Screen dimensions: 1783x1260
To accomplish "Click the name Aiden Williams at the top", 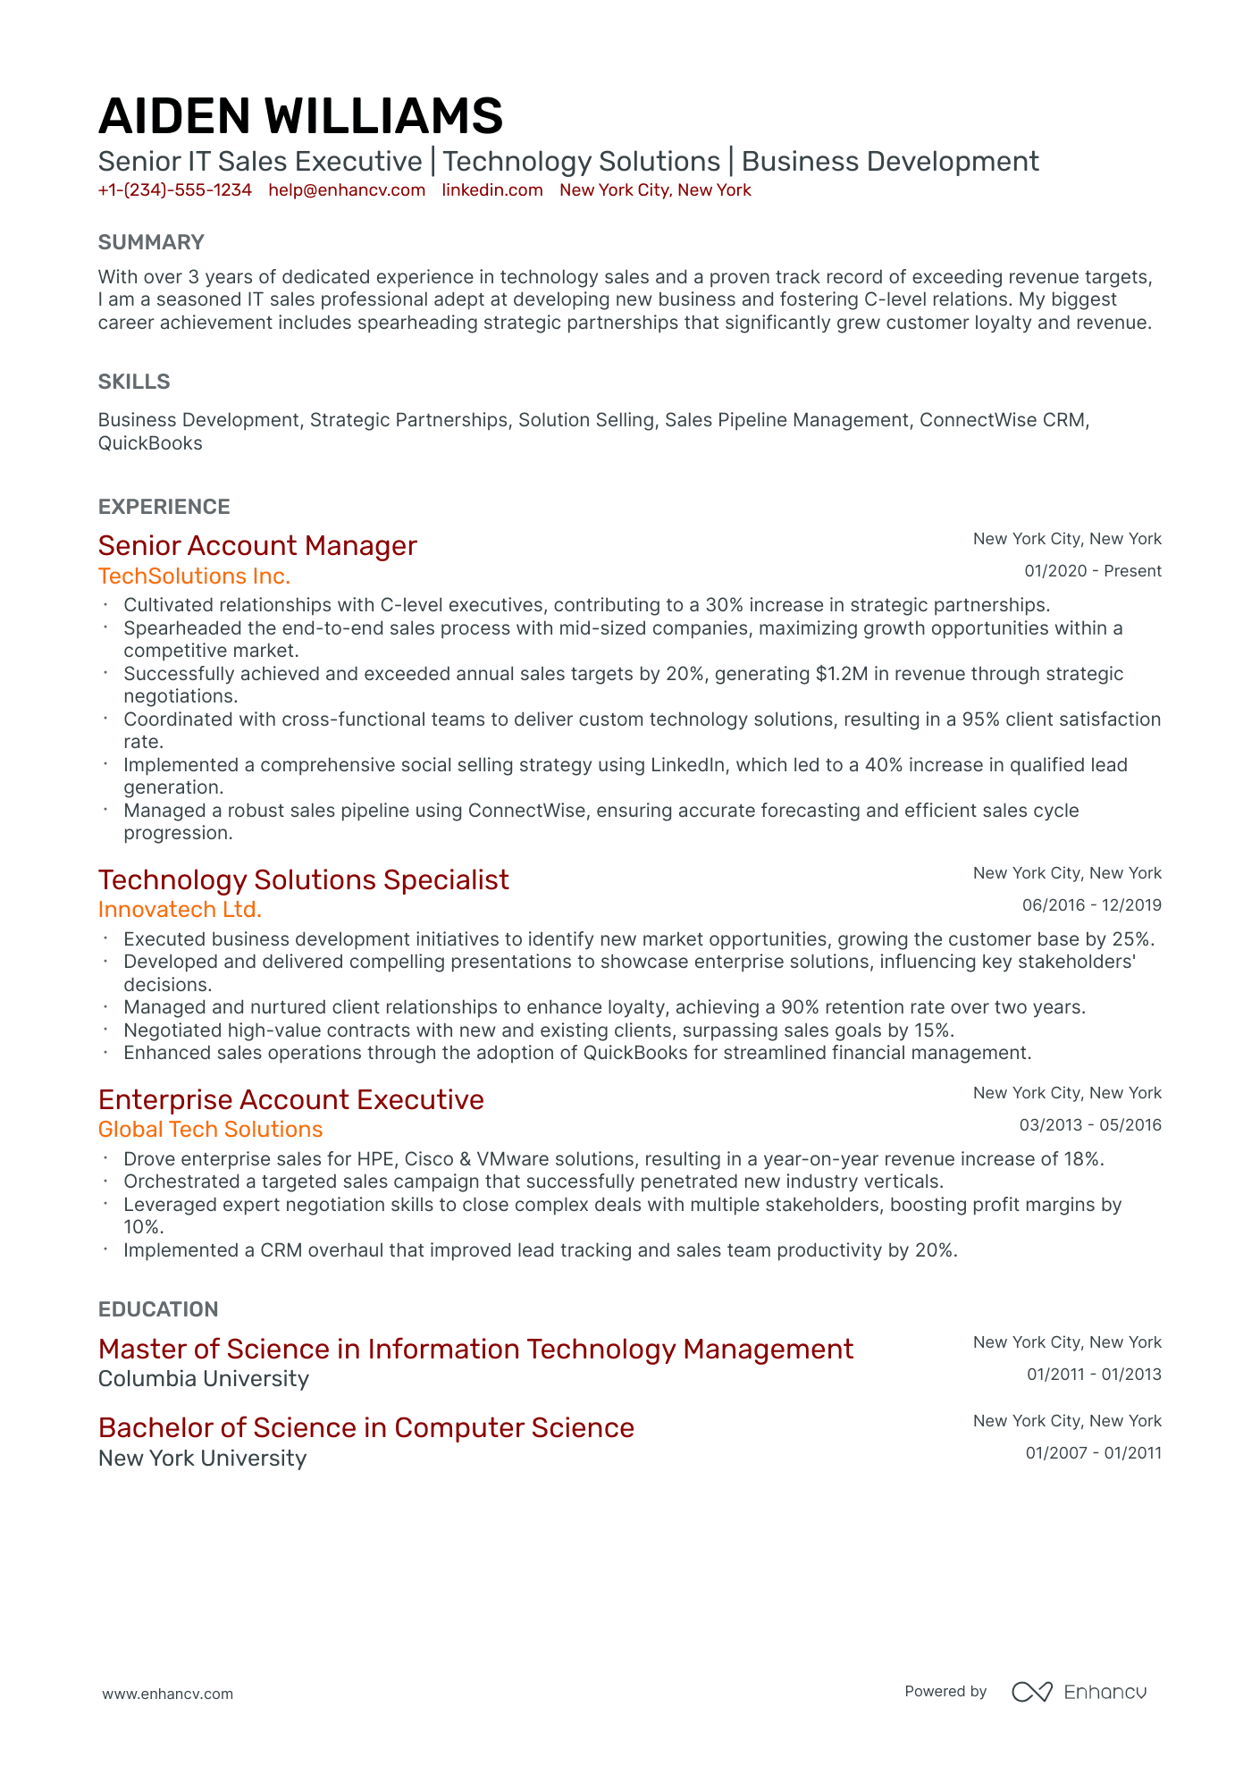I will pyautogui.click(x=300, y=117).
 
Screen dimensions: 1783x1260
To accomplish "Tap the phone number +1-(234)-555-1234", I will pyautogui.click(x=175, y=190).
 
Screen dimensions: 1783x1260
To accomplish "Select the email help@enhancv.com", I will pyautogui.click(x=347, y=190).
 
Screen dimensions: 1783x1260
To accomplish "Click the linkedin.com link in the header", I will pyautogui.click(x=492, y=190).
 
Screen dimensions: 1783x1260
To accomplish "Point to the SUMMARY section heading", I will pyautogui.click(x=151, y=242).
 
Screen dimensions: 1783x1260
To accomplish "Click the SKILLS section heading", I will pyautogui.click(x=134, y=382).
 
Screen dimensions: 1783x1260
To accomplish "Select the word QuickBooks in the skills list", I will pyautogui.click(x=150, y=443).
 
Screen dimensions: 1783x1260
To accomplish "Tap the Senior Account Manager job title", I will pyautogui.click(x=257, y=546).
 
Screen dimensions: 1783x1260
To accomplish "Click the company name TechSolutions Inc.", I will pyautogui.click(x=194, y=576).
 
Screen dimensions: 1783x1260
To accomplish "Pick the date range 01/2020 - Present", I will pyautogui.click(x=1092, y=571).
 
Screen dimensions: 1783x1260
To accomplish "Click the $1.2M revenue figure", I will pyautogui.click(x=841, y=674).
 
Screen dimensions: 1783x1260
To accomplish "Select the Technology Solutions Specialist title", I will pyautogui.click(x=303, y=880).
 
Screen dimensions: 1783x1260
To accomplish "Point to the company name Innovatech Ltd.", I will pyautogui.click(x=180, y=910).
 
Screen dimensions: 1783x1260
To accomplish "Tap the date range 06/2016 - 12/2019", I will pyautogui.click(x=1091, y=905).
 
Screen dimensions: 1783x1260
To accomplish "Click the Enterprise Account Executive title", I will pyautogui.click(x=290, y=1100).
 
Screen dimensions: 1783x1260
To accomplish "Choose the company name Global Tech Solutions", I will pyautogui.click(x=210, y=1130).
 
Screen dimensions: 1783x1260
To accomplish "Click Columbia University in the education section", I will pyautogui.click(x=204, y=1379).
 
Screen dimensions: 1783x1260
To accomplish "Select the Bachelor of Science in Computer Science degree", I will pyautogui.click(x=365, y=1428).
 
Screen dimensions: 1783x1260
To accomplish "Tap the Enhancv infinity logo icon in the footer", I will pyautogui.click(x=1031, y=1692).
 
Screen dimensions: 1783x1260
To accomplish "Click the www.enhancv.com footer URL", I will pyautogui.click(x=167, y=1694).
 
